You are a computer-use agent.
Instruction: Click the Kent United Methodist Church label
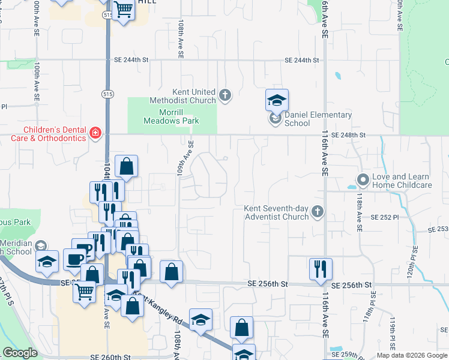coord(194,96)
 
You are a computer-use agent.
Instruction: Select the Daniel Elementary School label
coord(306,119)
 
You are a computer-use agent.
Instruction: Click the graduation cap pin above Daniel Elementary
coord(277,100)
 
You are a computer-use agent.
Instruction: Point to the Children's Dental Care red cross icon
coord(95,133)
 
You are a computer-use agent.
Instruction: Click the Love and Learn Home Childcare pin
coord(363,180)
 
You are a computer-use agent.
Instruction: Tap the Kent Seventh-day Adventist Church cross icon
coord(318,211)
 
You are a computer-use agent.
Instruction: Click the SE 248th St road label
coord(348,135)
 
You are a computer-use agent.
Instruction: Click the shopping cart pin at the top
coord(123,10)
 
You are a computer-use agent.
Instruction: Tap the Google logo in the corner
coord(20,353)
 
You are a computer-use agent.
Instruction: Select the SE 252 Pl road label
coord(385,217)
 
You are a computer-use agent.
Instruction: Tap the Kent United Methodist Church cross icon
coord(225,95)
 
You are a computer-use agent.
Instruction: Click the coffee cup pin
coord(75,260)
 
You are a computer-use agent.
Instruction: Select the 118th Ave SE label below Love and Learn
coord(359,211)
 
